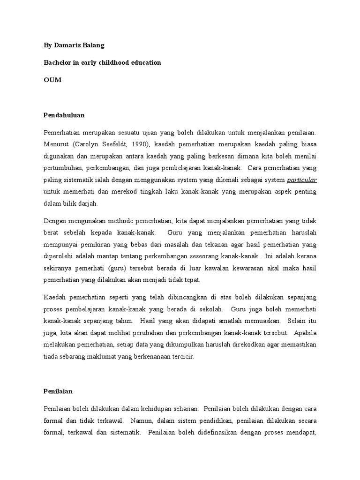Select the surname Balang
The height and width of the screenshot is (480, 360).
[x=94, y=46]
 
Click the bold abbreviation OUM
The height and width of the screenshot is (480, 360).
[x=52, y=80]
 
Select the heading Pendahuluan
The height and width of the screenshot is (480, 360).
[x=64, y=115]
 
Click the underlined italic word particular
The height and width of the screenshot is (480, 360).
[x=301, y=180]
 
